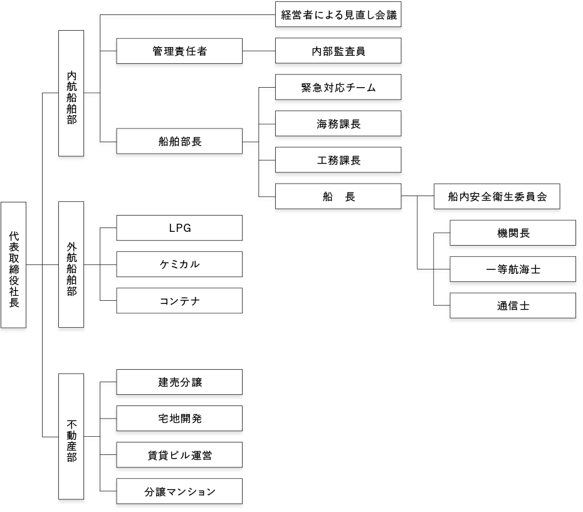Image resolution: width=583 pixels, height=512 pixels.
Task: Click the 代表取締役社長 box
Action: point(13,264)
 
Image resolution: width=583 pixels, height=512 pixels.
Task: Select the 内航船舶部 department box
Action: point(71,93)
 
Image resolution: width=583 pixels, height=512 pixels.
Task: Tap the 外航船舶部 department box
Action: point(71,264)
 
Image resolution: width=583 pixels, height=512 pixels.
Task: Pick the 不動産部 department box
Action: point(71,436)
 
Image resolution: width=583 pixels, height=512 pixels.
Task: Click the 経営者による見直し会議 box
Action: point(339,14)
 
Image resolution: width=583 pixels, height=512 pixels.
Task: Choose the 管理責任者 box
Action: point(179,51)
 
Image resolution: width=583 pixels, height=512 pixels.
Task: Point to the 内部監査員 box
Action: point(339,51)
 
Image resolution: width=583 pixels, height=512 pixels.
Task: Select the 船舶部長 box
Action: point(179,141)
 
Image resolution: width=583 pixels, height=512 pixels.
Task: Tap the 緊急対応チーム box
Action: point(339,87)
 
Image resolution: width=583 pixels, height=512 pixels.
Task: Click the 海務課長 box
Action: point(339,123)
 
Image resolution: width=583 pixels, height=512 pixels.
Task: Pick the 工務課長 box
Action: point(339,160)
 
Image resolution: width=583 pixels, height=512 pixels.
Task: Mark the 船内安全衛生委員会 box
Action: point(496,196)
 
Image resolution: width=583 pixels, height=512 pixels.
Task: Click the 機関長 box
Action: point(513,232)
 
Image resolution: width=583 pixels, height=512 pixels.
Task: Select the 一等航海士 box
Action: point(513,269)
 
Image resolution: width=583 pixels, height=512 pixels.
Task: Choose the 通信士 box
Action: point(513,306)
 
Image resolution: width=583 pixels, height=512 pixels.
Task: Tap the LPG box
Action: point(179,227)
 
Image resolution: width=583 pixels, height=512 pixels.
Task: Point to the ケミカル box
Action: point(179,264)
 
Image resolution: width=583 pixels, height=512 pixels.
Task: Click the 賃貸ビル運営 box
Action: point(179,455)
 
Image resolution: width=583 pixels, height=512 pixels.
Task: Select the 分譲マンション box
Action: point(179,491)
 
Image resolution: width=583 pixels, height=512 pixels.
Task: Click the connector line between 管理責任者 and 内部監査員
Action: point(259,51)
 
